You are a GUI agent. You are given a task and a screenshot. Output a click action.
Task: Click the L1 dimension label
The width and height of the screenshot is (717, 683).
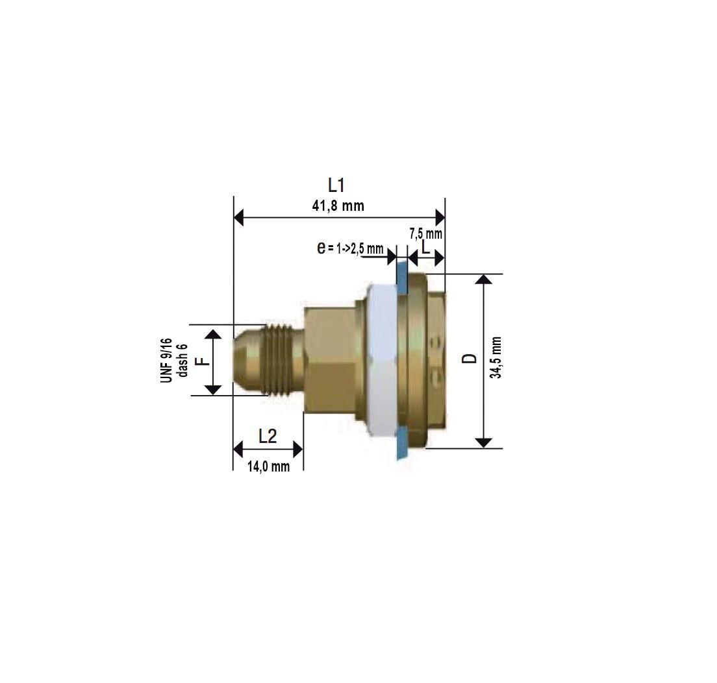click(336, 186)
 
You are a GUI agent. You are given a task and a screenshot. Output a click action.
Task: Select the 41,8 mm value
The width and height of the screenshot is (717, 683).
click(338, 206)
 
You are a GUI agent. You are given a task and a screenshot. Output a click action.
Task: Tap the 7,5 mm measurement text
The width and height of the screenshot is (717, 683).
click(426, 234)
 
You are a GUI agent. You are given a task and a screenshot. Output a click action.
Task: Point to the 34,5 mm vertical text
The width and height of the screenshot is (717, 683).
click(496, 357)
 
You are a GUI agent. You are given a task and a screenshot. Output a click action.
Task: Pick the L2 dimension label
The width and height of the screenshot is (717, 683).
click(268, 437)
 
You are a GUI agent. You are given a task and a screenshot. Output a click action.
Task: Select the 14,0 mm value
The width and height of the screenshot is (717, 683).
click(268, 466)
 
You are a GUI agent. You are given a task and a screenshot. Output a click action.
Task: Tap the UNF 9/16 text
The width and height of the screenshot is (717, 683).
click(166, 360)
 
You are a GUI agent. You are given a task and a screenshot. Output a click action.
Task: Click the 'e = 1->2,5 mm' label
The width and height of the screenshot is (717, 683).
click(350, 248)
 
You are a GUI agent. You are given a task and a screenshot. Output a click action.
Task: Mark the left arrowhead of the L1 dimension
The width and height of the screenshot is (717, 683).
click(238, 217)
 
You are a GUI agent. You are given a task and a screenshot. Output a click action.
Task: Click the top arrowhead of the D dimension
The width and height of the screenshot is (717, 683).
click(484, 280)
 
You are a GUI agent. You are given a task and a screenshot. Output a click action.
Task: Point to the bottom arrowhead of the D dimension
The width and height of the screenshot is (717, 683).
click(484, 442)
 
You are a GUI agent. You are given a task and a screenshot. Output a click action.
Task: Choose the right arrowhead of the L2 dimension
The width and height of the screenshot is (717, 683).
click(298, 449)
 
